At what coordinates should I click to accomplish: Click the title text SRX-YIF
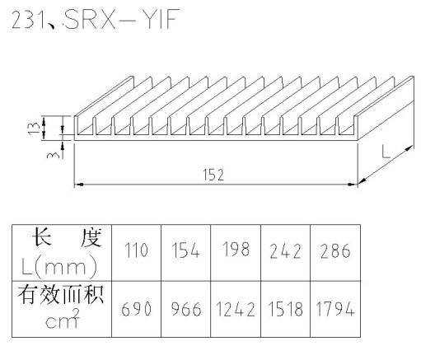(x=122, y=19)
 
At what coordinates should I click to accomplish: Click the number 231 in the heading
(x=28, y=20)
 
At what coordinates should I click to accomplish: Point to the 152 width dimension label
(x=213, y=175)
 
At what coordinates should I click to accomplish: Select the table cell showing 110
(x=136, y=250)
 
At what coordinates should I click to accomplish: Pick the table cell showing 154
(x=185, y=250)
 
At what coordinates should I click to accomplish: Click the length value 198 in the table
(x=236, y=249)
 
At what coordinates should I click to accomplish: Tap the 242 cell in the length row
(x=285, y=251)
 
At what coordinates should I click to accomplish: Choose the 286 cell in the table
(x=335, y=250)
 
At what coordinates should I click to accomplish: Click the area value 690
(x=136, y=309)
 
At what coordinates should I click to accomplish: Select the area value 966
(x=186, y=309)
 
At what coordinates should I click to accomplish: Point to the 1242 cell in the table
(x=236, y=309)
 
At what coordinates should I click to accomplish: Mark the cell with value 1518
(x=286, y=309)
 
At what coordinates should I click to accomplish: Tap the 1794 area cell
(x=335, y=309)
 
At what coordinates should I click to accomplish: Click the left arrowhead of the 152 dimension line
(x=79, y=185)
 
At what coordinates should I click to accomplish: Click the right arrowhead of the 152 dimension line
(x=353, y=185)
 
